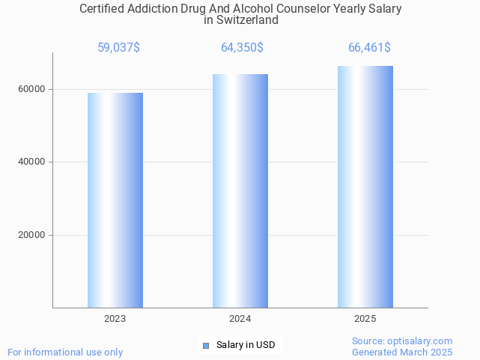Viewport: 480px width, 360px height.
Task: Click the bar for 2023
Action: pyautogui.click(x=115, y=200)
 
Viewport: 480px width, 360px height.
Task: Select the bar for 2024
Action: pyautogui.click(x=240, y=191)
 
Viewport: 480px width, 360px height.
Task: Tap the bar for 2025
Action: pyautogui.click(x=365, y=186)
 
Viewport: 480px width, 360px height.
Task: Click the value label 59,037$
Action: pyautogui.click(x=118, y=48)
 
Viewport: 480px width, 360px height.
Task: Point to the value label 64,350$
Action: pyautogui.click(x=242, y=48)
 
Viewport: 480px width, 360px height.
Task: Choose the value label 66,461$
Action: pyautogui.click(x=369, y=48)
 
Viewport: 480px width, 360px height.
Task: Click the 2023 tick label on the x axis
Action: pyautogui.click(x=115, y=319)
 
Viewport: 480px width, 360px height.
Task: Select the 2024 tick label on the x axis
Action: pyautogui.click(x=240, y=319)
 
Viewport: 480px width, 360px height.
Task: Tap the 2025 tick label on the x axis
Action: pyautogui.click(x=365, y=319)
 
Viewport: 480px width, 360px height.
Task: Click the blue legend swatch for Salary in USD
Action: pyautogui.click(x=206, y=345)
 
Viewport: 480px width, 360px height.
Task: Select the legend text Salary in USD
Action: pyautogui.click(x=246, y=345)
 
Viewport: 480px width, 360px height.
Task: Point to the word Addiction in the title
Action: pyautogui.click(x=156, y=9)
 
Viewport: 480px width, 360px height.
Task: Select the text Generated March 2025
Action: pyautogui.click(x=402, y=352)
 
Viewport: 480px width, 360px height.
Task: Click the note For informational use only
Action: pyautogui.click(x=65, y=352)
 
